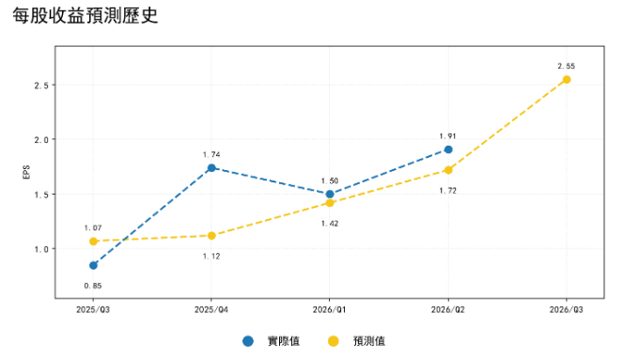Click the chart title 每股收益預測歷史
pos(86,16)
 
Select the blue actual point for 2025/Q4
pos(211,168)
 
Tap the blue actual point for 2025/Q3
pos(94,265)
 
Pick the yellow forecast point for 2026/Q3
pos(567,80)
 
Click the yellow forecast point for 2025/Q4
pos(211,236)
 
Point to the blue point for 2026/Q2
pos(448,149)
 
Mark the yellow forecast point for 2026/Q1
pos(330,203)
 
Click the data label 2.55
pos(567,66)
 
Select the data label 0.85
pos(93,286)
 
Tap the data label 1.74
pos(211,154)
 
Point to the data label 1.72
pos(447,191)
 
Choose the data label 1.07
pos(93,227)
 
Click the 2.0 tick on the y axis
pos(41,140)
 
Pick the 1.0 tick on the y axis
pos(41,249)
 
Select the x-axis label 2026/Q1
pos(330,309)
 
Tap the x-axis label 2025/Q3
pos(93,309)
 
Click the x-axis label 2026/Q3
pos(567,309)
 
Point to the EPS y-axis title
pos(26,172)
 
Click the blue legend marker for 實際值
pos(248,341)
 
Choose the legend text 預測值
pos(369,341)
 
